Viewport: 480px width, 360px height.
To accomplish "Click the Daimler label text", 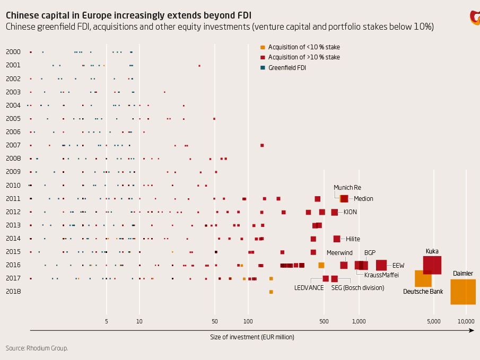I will [x=462, y=274].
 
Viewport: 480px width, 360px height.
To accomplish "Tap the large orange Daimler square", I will [x=462, y=292].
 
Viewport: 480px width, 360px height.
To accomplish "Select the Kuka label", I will [x=432, y=251].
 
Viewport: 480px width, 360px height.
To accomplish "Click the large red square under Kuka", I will [x=432, y=265].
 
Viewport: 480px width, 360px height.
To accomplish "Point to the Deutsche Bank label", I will [x=423, y=292].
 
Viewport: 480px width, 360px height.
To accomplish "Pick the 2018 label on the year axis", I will [x=13, y=292].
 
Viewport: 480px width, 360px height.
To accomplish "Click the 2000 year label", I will [x=13, y=52].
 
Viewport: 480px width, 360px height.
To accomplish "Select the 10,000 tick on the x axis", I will [x=466, y=321].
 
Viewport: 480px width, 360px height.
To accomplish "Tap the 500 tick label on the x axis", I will [x=324, y=321].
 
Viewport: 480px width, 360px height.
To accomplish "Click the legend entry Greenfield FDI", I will [x=287, y=68].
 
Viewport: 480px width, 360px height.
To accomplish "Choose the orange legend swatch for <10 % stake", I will [x=263, y=48].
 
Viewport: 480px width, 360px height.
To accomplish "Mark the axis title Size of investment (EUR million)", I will [x=252, y=337].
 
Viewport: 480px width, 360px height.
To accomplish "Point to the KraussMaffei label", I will [x=381, y=275].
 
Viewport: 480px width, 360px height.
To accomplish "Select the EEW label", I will [x=398, y=266].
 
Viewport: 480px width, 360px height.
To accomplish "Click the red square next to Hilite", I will [x=337, y=239].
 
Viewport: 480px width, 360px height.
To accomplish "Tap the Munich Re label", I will [x=347, y=188].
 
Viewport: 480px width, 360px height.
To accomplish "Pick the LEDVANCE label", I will [x=309, y=288].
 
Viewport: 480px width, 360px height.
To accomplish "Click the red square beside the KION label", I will [x=334, y=212].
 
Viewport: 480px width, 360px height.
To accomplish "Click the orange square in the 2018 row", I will [x=271, y=292].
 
